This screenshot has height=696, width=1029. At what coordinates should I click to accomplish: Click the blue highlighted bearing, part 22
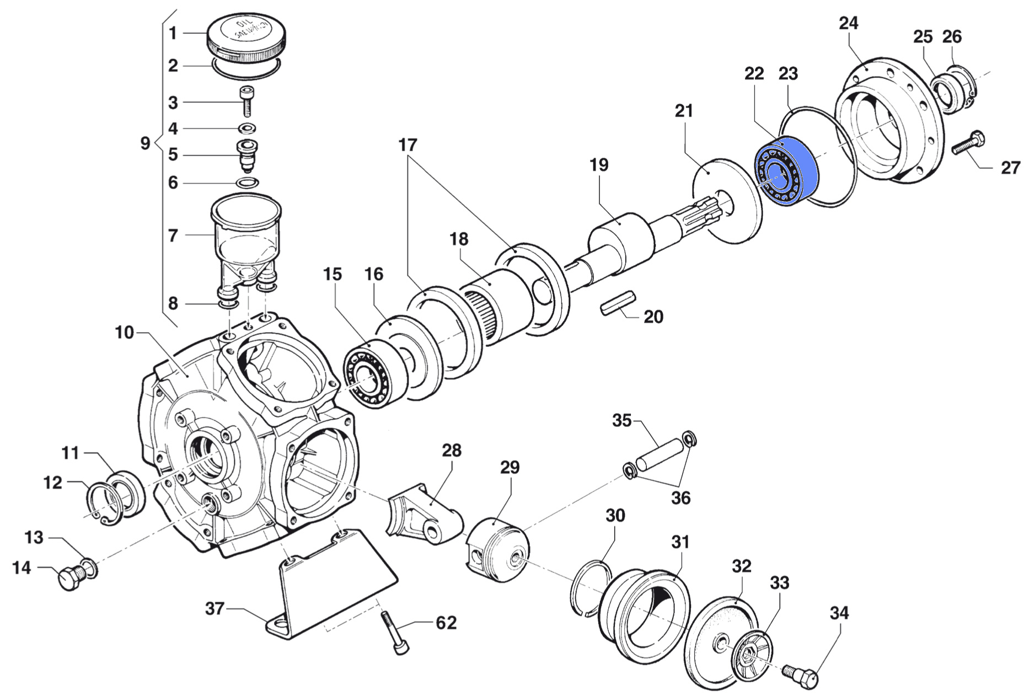786,172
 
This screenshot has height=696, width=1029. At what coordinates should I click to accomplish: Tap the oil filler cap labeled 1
246,38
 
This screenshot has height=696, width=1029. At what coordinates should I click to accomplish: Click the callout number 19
598,164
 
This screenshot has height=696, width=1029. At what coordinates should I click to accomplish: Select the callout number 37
215,608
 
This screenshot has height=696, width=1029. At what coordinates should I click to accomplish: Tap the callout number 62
446,623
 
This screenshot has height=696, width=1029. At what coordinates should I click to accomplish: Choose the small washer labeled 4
246,129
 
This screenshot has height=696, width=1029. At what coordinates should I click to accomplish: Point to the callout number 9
145,144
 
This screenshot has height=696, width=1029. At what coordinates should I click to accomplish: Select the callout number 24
849,23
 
